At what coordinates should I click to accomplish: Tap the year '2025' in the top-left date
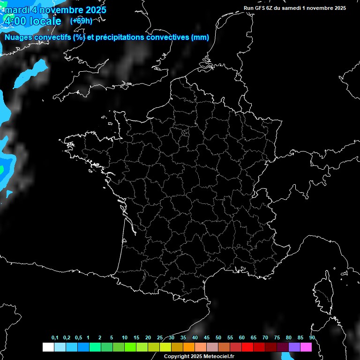[x=93, y=10]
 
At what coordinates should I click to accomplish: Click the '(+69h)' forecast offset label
[x=81, y=21]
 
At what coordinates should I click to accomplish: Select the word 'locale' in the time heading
[x=45, y=22]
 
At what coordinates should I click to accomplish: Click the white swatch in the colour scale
[x=48, y=347]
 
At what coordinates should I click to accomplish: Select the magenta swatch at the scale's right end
[x=306, y=347]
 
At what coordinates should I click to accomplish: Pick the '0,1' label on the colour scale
[x=55, y=338]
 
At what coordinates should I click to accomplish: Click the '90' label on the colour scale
[x=312, y=338]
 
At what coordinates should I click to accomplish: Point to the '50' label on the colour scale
[x=218, y=338]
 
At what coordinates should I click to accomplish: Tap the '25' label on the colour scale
[x=160, y=338]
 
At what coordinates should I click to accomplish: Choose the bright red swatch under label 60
[x=247, y=347]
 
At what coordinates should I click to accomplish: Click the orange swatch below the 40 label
[x=189, y=347]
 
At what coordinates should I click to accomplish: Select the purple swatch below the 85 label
[x=294, y=347]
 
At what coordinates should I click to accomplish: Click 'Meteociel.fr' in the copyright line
[x=218, y=356]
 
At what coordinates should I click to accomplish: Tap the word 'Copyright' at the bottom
[x=177, y=356]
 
